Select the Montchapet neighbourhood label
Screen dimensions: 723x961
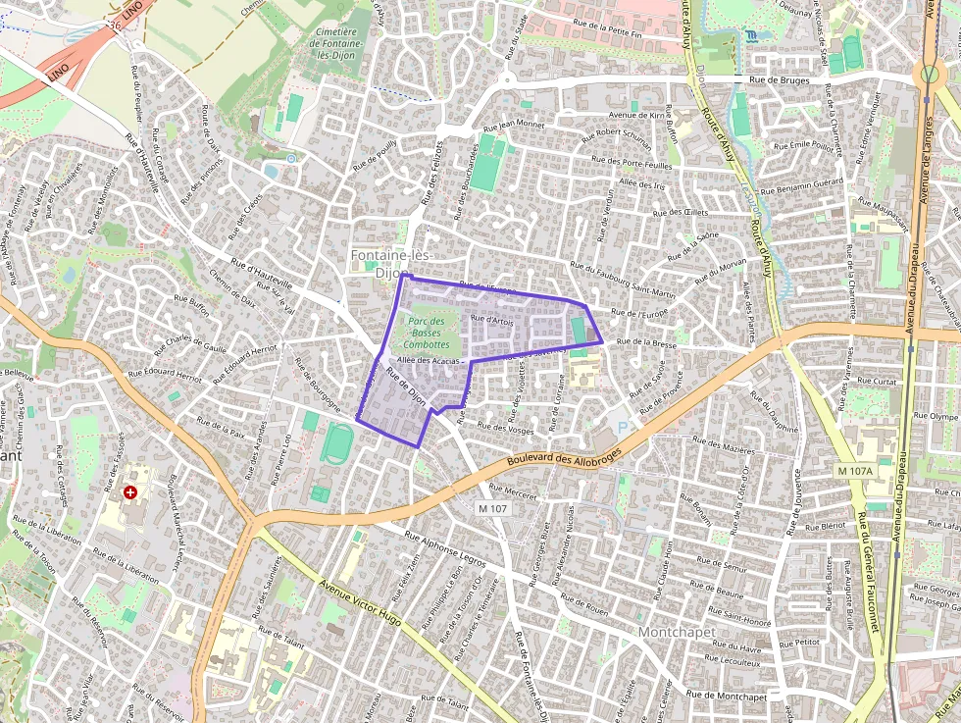pos(677,633)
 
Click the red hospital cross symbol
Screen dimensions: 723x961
pos(129,491)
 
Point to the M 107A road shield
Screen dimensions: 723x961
pos(855,472)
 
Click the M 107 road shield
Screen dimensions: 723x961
pos(493,508)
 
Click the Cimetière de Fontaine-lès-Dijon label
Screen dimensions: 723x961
pos(335,44)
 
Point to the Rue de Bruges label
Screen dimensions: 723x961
pos(781,80)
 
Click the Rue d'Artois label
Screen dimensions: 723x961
pos(492,320)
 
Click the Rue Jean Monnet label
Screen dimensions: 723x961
pos(514,126)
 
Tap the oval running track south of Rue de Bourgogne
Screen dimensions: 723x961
pos(338,444)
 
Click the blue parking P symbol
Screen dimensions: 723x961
pos(621,427)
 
